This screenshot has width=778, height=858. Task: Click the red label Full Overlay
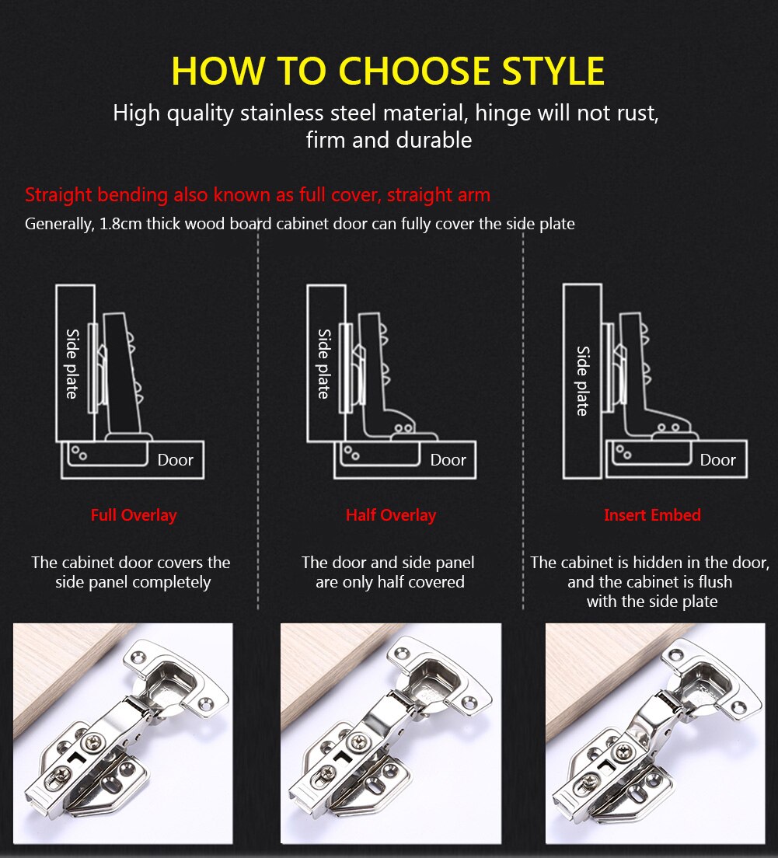134,515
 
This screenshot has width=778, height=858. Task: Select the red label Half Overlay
391,515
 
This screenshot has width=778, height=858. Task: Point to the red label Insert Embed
652,515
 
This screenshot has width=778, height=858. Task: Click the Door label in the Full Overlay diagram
175,460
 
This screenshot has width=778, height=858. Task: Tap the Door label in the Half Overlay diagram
448,460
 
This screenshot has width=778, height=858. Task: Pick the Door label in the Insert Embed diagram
717,460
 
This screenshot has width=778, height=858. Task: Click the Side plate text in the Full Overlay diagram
72,363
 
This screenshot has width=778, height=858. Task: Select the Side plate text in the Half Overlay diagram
324,363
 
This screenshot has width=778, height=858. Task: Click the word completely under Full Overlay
171,582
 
